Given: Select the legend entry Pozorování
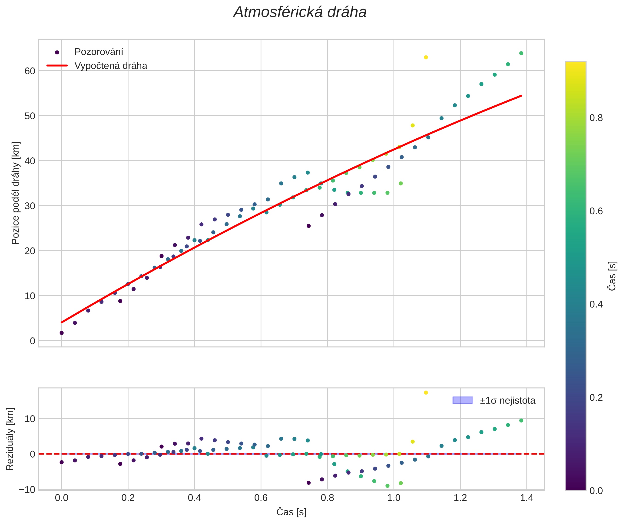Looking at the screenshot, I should [99, 52].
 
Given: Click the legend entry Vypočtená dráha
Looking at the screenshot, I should [110, 66].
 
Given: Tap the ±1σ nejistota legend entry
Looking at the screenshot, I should [507, 401].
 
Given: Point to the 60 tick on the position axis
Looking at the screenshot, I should [30, 71].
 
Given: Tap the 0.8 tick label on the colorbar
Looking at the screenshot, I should [596, 118].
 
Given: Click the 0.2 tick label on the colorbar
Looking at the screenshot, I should [596, 398].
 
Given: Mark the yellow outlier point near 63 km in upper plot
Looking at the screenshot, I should [426, 57].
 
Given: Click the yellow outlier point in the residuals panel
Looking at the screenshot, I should [426, 393].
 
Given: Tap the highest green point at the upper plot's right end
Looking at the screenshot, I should [521, 53].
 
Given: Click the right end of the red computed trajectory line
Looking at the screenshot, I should [521, 96].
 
